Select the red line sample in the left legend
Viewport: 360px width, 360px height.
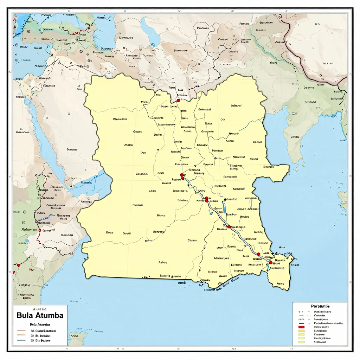pos(21,331)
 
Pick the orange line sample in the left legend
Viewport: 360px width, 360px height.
pos(21,335)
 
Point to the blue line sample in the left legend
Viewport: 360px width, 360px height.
pos(21,340)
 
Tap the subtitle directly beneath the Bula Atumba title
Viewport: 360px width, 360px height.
pos(40,324)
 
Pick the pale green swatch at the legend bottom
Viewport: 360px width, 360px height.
pos(301,342)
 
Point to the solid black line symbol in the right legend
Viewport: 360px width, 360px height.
pos(301,323)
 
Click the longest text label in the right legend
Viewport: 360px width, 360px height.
pos(328,323)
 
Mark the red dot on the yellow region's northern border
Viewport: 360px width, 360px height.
pos(178,101)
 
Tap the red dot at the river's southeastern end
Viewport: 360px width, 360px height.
pos(271,263)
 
